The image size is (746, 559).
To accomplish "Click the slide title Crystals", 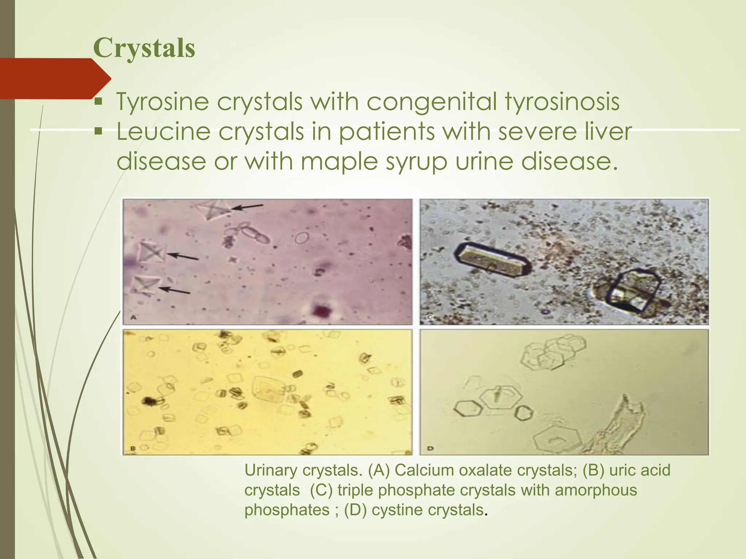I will pos(144,48).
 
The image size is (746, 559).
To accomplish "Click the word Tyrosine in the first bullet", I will pos(162,102).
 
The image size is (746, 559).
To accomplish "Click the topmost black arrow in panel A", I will pos(248,207).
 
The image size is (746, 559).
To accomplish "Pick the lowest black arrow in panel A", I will pos(175,290).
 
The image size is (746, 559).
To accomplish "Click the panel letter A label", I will pos(133,318).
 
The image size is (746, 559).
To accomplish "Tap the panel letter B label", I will pos(133,449).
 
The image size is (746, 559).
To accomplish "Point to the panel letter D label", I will pos(430,448).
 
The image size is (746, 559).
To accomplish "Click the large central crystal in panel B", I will pos(269,389).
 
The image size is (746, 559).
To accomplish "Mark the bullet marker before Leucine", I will pos(98,130).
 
